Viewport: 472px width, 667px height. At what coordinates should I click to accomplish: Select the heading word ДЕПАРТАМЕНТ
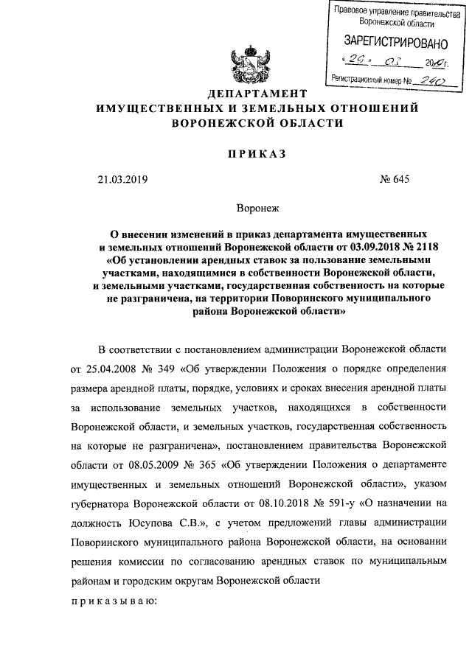click(x=257, y=94)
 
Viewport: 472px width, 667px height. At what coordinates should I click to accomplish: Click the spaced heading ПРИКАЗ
click(x=257, y=153)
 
